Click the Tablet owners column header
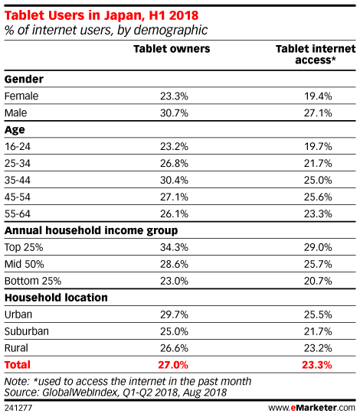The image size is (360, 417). (x=172, y=49)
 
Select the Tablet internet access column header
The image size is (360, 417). (x=316, y=54)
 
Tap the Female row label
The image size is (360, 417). (x=21, y=96)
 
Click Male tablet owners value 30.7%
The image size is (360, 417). (x=174, y=113)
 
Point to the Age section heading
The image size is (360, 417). (x=15, y=130)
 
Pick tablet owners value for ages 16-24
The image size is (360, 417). (x=174, y=147)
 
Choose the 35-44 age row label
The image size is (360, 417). (x=18, y=180)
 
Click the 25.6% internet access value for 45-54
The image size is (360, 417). (x=318, y=197)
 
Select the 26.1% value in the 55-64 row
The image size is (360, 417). (x=174, y=213)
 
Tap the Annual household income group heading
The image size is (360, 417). (x=91, y=230)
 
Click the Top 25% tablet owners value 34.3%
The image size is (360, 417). (x=174, y=247)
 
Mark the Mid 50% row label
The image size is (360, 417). (x=25, y=264)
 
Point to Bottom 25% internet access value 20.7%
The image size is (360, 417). (x=318, y=281)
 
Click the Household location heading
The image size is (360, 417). (x=56, y=298)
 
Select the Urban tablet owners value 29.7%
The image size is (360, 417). (x=174, y=314)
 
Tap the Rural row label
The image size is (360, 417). (x=16, y=348)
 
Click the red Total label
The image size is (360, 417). (x=18, y=365)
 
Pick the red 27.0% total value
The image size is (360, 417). (x=173, y=365)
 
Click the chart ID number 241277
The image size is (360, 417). (x=18, y=408)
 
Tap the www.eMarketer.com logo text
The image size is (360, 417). (x=312, y=408)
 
